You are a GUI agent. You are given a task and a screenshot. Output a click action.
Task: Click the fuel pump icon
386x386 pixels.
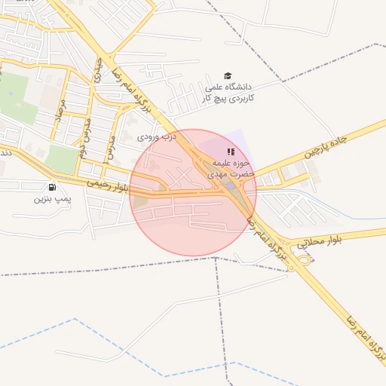point(51,187)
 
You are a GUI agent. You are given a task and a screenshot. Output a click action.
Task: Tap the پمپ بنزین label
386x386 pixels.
point(51,199)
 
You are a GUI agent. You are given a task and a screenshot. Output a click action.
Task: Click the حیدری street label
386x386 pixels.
point(97,74)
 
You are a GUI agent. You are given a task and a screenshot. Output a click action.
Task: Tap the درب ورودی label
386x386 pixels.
point(156,138)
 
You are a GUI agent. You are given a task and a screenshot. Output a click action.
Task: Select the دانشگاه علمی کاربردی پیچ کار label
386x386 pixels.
point(229,93)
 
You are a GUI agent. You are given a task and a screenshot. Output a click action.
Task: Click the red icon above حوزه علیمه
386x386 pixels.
point(230,152)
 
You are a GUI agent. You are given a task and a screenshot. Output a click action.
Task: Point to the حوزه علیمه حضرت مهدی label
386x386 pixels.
point(231,168)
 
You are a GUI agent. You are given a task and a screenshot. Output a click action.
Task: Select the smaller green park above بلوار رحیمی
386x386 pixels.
point(63,159)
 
